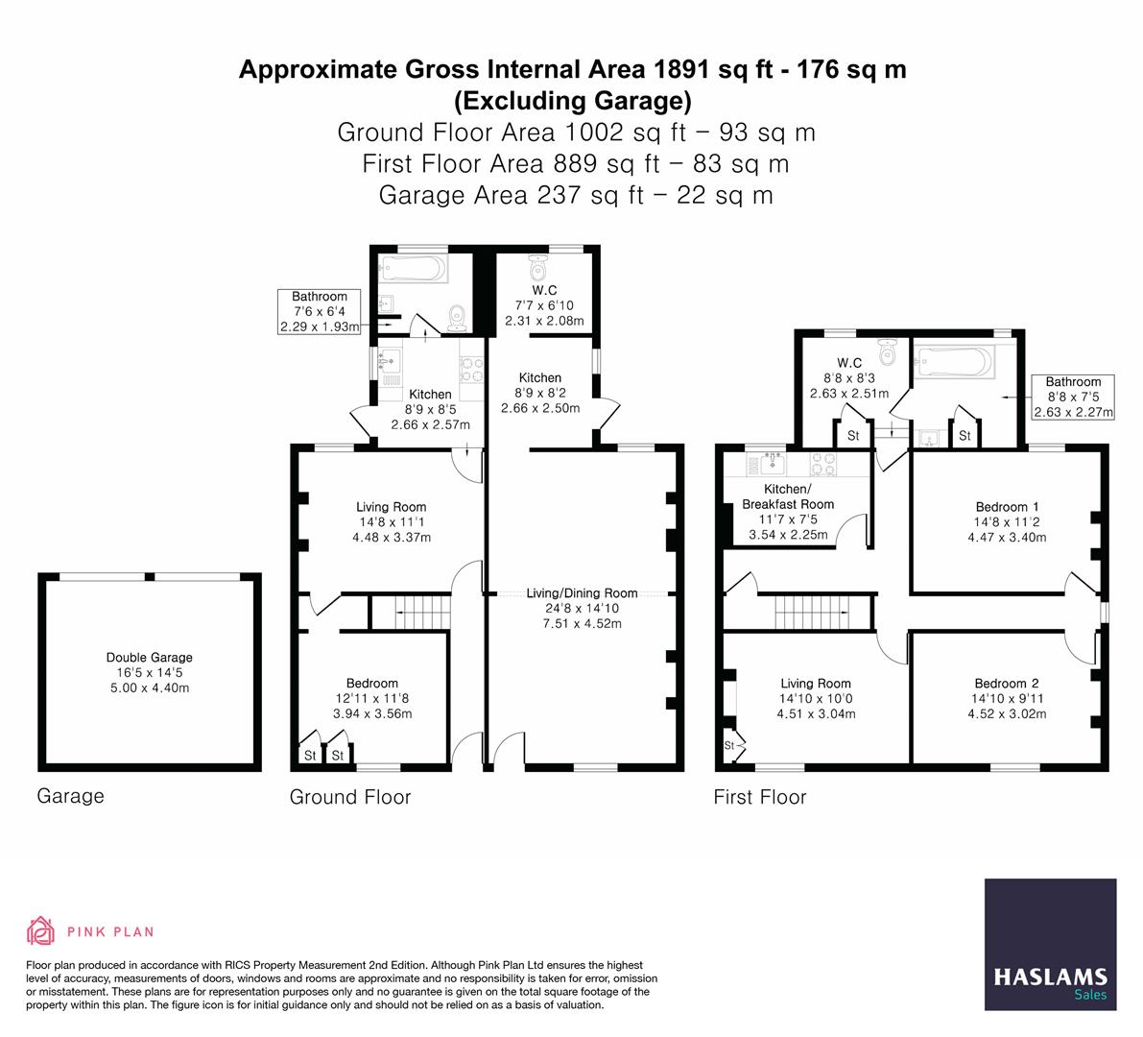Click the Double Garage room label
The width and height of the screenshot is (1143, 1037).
tap(149, 658)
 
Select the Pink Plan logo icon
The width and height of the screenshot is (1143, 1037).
tap(40, 930)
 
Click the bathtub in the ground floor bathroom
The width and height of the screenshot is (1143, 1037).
tap(413, 268)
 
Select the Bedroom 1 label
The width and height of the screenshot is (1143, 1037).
tap(1007, 507)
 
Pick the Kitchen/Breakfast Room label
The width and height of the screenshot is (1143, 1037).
tap(788, 496)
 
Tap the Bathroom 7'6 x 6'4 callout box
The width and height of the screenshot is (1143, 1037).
tap(320, 312)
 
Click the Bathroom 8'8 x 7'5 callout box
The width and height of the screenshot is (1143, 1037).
tap(1073, 398)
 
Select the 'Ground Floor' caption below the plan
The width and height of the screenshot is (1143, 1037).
tap(350, 797)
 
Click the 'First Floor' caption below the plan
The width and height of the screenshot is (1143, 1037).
tap(760, 797)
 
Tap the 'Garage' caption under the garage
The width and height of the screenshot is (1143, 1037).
tap(70, 796)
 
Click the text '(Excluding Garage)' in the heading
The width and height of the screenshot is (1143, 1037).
tap(572, 100)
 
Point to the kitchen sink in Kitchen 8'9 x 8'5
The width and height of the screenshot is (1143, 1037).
tap(391, 364)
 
